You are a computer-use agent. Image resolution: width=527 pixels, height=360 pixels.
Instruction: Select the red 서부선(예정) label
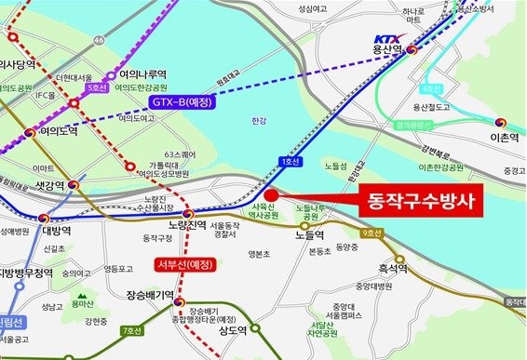(181, 269)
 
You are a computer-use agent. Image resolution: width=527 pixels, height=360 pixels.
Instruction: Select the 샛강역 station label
(44, 183)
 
